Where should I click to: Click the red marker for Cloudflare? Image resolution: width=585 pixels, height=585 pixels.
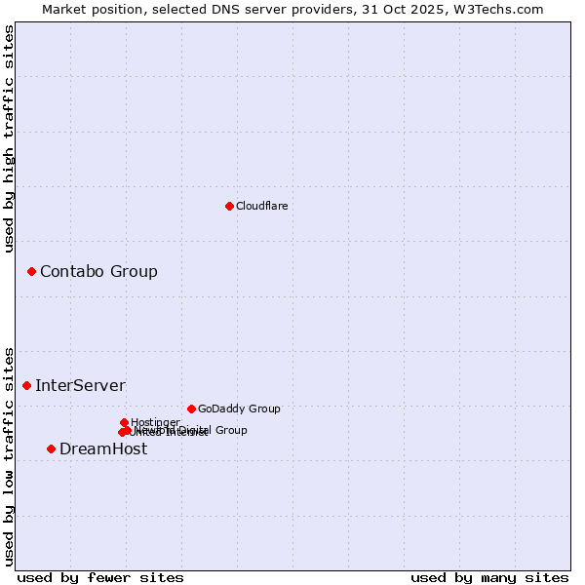[x=229, y=206]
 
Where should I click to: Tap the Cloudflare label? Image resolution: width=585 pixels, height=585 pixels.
[x=261, y=206]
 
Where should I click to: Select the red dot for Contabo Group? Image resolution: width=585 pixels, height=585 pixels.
[x=31, y=271]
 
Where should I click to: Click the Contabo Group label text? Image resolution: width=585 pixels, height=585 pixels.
[x=98, y=271]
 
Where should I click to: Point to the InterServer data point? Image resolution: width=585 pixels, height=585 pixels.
[x=26, y=385]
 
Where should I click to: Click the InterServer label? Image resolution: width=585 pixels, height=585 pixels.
[x=80, y=385]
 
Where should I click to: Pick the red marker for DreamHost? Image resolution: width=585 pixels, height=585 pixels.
[x=51, y=448]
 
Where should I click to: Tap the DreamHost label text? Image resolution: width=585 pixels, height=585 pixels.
[x=103, y=448]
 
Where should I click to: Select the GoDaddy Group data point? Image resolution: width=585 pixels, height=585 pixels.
[x=191, y=409]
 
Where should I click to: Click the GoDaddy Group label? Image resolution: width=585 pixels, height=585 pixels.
[x=239, y=409]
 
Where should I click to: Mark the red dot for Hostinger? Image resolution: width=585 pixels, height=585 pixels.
[x=124, y=422]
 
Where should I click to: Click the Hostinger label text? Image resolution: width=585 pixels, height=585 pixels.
[x=155, y=422]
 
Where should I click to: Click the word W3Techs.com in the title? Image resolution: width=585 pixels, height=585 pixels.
[x=502, y=9]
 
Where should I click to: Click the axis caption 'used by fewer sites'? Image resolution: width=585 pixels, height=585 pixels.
[x=100, y=577]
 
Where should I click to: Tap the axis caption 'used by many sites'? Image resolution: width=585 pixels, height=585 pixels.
[x=489, y=577]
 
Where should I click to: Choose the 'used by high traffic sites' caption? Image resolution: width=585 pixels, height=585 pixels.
[x=9, y=138]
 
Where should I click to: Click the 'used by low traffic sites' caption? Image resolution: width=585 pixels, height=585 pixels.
[x=9, y=455]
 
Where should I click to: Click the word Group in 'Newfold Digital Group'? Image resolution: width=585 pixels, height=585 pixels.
[x=230, y=430]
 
